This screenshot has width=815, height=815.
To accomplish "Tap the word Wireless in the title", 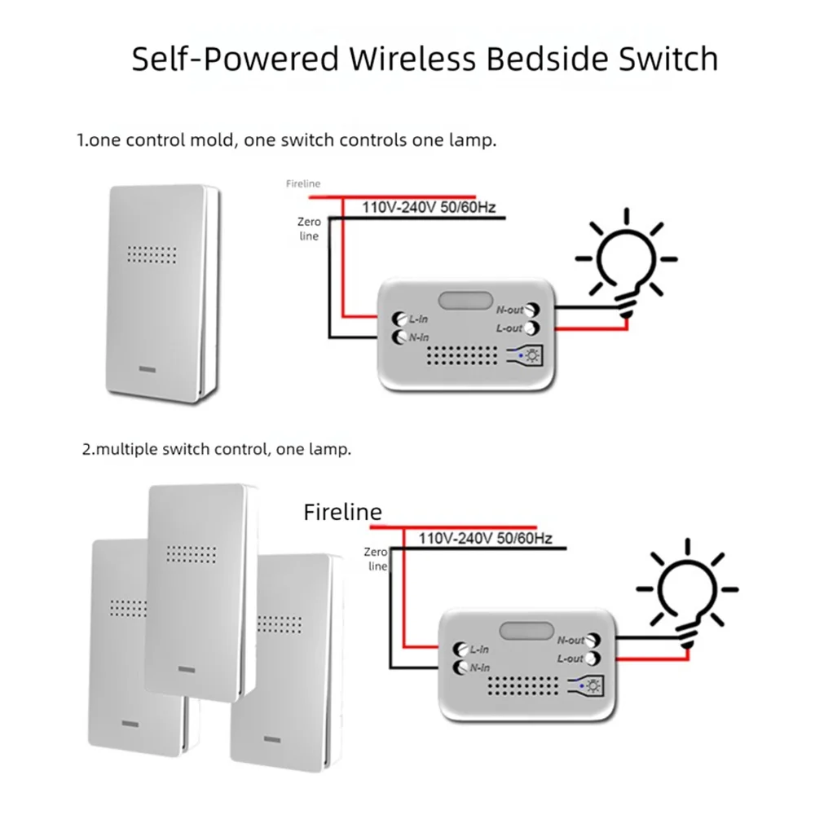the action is pyautogui.click(x=412, y=58).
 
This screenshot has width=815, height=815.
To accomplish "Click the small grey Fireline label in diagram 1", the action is pyautogui.click(x=303, y=183).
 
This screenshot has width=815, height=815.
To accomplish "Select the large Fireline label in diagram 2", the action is pyautogui.click(x=342, y=512).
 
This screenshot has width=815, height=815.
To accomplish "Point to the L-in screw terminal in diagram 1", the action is pyautogui.click(x=399, y=319).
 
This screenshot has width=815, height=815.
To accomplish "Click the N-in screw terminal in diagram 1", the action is pyautogui.click(x=399, y=337).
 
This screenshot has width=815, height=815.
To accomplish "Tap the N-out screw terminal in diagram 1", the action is pyautogui.click(x=531, y=310).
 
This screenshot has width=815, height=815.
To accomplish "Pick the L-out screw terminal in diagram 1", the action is pyautogui.click(x=531, y=328).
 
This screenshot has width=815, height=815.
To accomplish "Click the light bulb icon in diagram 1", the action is pyautogui.click(x=626, y=262).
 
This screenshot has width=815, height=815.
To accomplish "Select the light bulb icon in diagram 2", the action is pyautogui.click(x=687, y=593).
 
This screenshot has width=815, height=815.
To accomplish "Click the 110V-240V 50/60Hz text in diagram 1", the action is pyautogui.click(x=429, y=207).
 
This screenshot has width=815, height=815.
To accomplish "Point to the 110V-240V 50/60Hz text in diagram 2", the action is pyautogui.click(x=486, y=538).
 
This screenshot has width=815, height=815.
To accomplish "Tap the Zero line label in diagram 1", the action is pyautogui.click(x=309, y=229).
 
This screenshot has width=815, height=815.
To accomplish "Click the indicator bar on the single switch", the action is pyautogui.click(x=147, y=369).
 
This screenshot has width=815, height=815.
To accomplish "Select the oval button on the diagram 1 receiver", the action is pyautogui.click(x=465, y=301).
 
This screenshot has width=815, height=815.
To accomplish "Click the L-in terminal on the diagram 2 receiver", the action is pyautogui.click(x=460, y=650).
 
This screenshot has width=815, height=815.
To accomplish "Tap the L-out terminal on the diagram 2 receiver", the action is pyautogui.click(x=593, y=659).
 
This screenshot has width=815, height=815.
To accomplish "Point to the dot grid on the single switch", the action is pyautogui.click(x=152, y=254).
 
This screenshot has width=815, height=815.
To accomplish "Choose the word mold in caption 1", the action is pyautogui.click(x=213, y=140).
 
